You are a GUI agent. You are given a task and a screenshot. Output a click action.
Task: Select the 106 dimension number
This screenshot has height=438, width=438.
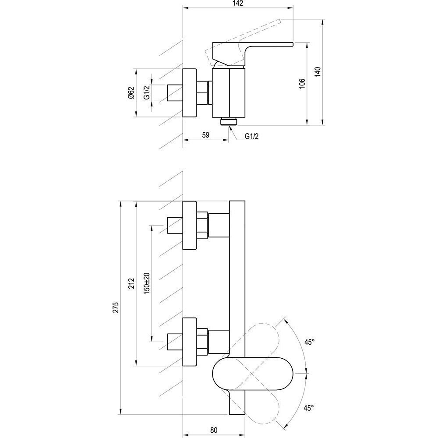point(302,83)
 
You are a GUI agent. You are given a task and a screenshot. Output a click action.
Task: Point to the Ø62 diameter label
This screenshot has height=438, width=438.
point(131,93)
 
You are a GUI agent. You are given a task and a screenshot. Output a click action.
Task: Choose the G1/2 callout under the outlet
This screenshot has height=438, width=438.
point(252,136)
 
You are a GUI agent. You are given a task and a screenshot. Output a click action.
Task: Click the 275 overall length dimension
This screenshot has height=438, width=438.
point(115,307)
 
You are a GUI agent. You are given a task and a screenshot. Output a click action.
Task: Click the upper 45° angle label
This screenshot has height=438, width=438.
point(310,342)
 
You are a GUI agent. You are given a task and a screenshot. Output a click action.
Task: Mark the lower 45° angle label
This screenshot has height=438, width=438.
point(309,408)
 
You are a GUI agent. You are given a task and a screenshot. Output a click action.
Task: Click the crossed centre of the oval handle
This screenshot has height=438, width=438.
point(252,374)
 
